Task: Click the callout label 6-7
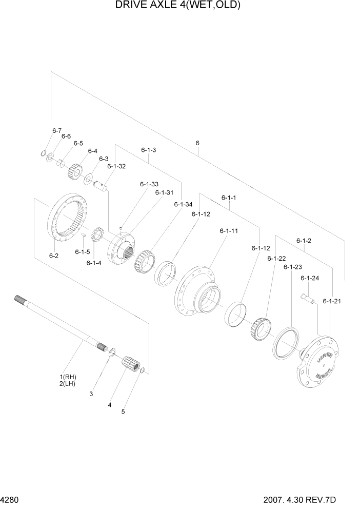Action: tap(56, 131)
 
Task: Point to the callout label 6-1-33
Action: tap(149, 184)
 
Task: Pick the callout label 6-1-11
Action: tap(228, 231)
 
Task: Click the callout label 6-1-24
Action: tap(310, 278)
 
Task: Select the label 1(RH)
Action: tap(67, 377)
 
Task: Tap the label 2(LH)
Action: tap(67, 383)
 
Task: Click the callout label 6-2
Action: tap(54, 255)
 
